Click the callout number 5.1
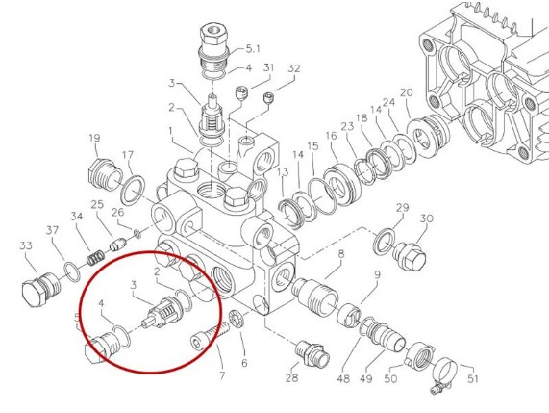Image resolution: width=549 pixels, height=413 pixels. click(253, 48)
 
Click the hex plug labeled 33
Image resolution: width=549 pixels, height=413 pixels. click(41, 288)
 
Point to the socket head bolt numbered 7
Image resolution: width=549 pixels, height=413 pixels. click(210, 337)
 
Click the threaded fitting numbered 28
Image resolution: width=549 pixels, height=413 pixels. click(312, 352)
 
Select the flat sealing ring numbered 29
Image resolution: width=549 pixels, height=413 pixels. click(384, 242)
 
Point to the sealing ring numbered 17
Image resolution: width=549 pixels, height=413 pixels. click(134, 190)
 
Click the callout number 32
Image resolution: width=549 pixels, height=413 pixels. click(294, 68)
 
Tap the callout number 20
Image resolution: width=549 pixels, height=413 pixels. click(406, 93)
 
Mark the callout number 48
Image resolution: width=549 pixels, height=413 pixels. click(344, 378)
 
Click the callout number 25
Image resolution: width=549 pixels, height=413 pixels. click(98, 204)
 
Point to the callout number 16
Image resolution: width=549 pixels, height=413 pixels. click(331, 136)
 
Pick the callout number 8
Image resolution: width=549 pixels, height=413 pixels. click(340, 254)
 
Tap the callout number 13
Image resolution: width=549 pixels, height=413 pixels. click(283, 171)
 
